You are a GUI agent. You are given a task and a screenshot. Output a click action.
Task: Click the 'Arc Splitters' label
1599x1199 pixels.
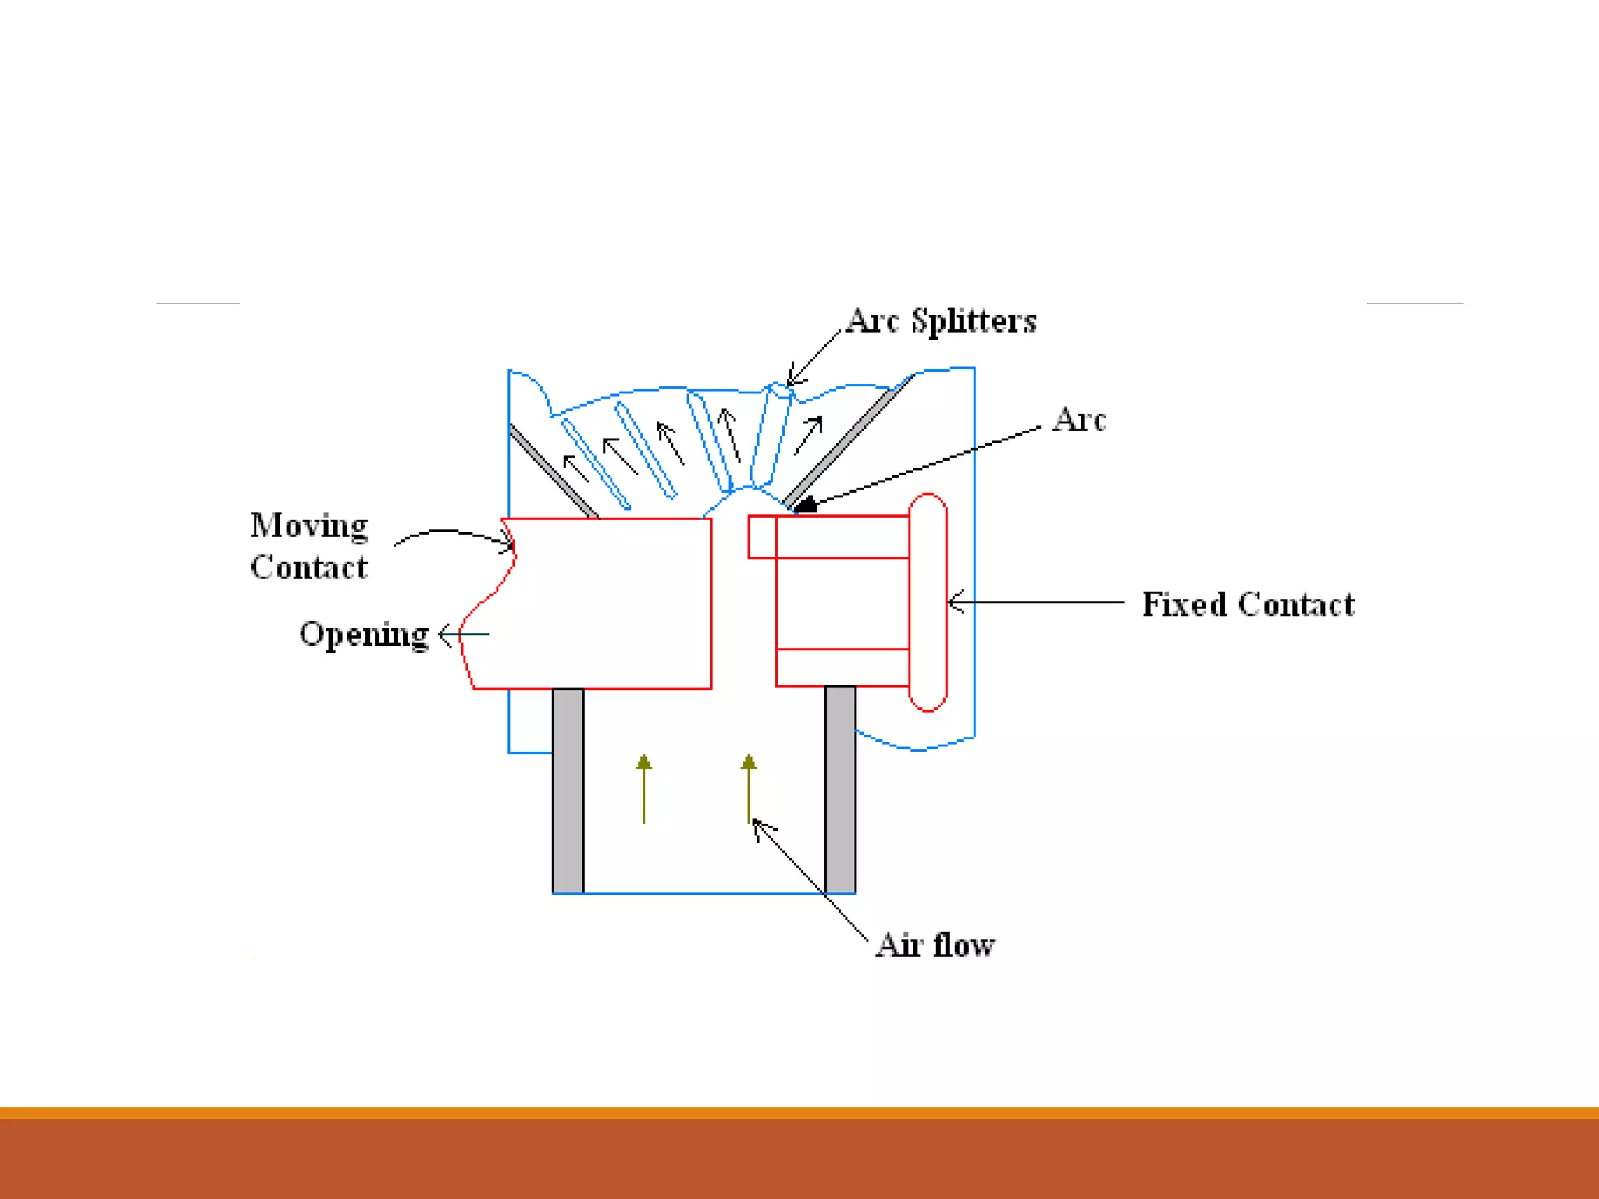pos(942,321)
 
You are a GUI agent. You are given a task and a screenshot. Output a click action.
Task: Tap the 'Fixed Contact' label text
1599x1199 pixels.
pos(1248,604)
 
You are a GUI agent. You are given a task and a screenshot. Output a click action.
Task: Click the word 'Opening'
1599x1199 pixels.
pos(364,634)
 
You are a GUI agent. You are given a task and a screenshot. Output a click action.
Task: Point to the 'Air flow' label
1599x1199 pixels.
pos(935,945)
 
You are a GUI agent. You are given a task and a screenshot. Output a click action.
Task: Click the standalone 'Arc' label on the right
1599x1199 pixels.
pos(1079,420)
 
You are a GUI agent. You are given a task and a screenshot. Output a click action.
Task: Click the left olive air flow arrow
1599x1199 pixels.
pos(643,788)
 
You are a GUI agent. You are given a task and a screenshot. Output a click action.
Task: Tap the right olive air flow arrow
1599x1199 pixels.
pos(749,788)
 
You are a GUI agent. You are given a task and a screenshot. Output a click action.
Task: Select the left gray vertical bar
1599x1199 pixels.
pos(568,790)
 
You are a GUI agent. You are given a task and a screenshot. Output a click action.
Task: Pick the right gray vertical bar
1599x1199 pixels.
pos(840,788)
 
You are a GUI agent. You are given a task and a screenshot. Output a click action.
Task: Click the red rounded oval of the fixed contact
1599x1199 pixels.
pos(928,602)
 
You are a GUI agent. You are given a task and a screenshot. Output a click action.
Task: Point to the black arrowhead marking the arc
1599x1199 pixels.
pos(806,505)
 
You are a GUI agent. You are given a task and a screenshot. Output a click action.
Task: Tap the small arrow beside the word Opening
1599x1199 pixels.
pos(462,634)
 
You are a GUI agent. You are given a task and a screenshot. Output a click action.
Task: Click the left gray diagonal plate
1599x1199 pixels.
pos(553,471)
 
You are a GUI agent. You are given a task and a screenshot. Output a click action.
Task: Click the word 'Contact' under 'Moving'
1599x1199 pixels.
pos(309,567)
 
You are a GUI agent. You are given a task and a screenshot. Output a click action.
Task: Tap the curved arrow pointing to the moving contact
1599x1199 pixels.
pos(453,535)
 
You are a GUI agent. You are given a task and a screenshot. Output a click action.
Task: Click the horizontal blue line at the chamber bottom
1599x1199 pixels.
pos(703,893)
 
